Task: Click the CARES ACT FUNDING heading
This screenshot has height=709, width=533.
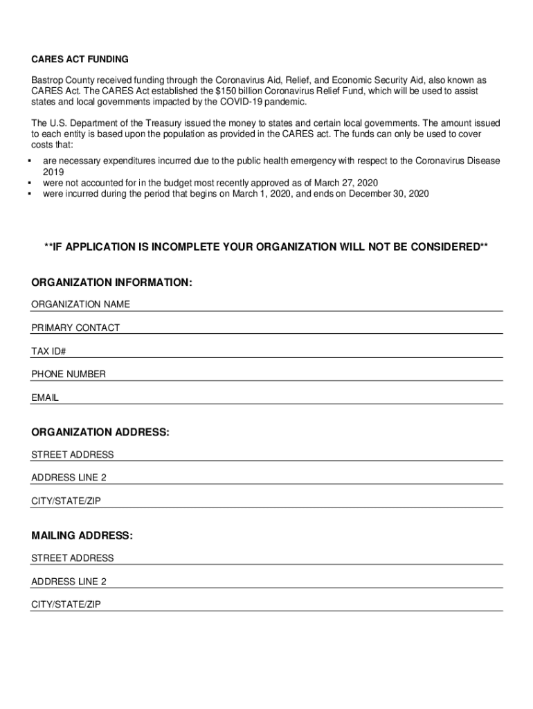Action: pyautogui.click(x=80, y=60)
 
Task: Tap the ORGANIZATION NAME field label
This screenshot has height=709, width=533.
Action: pyautogui.click(x=80, y=305)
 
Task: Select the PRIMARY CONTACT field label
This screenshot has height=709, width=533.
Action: pyautogui.click(x=75, y=327)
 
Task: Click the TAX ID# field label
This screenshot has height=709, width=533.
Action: pyautogui.click(x=48, y=351)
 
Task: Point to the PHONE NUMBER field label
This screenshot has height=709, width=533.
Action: pyautogui.click(x=69, y=374)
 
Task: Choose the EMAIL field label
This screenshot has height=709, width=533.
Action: pyautogui.click(x=45, y=398)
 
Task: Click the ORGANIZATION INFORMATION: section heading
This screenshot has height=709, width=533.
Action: pyautogui.click(x=111, y=282)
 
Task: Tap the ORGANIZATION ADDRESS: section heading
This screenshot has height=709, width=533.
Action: pyautogui.click(x=100, y=432)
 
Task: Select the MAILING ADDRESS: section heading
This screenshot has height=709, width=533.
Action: pyautogui.click(x=82, y=536)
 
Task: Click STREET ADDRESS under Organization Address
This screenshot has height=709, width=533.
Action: pyautogui.click(x=73, y=455)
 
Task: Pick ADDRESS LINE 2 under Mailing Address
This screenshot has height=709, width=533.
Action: pyautogui.click(x=69, y=581)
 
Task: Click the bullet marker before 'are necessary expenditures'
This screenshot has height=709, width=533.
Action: pyautogui.click(x=31, y=161)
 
